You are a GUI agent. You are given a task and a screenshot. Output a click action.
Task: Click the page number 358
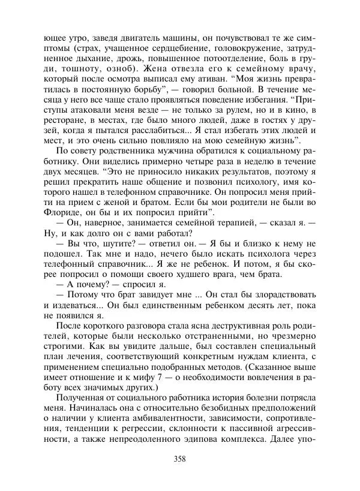coord(179,460)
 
